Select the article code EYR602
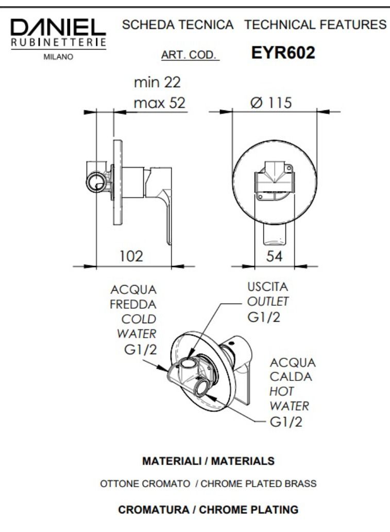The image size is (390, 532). [283, 53]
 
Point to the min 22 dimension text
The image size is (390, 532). [157, 82]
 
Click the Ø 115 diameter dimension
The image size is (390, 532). [271, 103]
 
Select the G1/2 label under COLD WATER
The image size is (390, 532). [140, 350]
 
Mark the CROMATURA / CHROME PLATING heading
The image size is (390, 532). [208, 510]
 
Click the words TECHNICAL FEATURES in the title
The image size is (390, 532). [316, 24]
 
